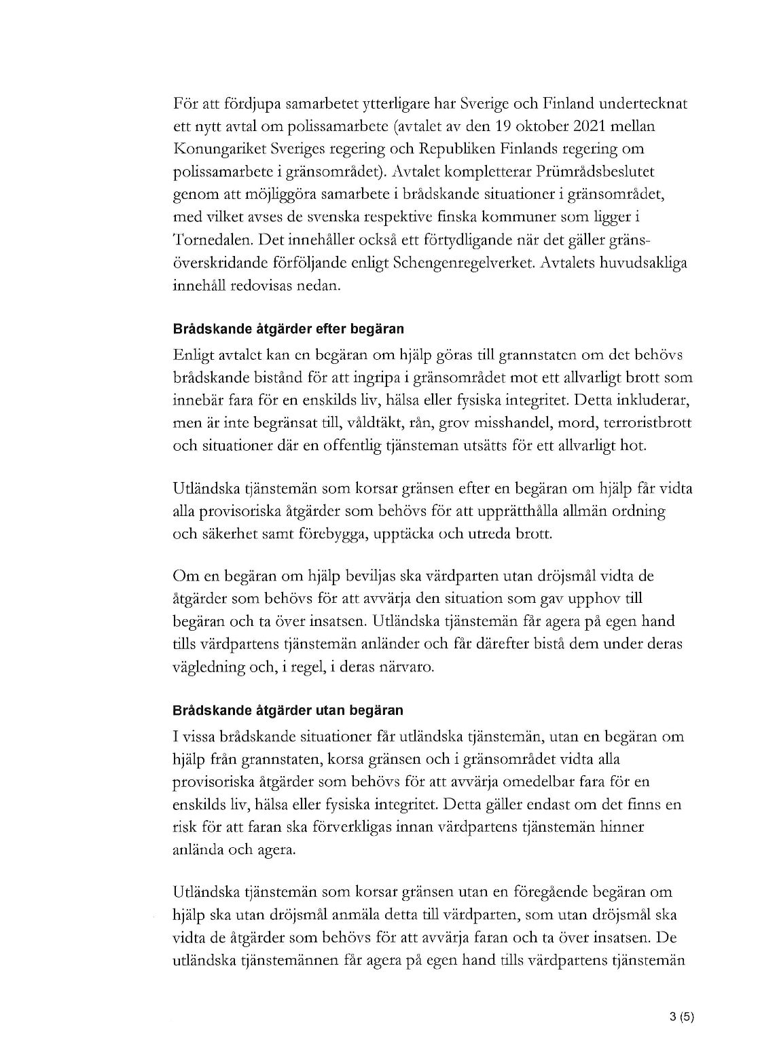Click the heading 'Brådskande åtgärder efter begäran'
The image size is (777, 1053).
point(289,329)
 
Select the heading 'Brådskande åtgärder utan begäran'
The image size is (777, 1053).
point(288,711)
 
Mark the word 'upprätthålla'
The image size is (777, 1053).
point(541,511)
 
